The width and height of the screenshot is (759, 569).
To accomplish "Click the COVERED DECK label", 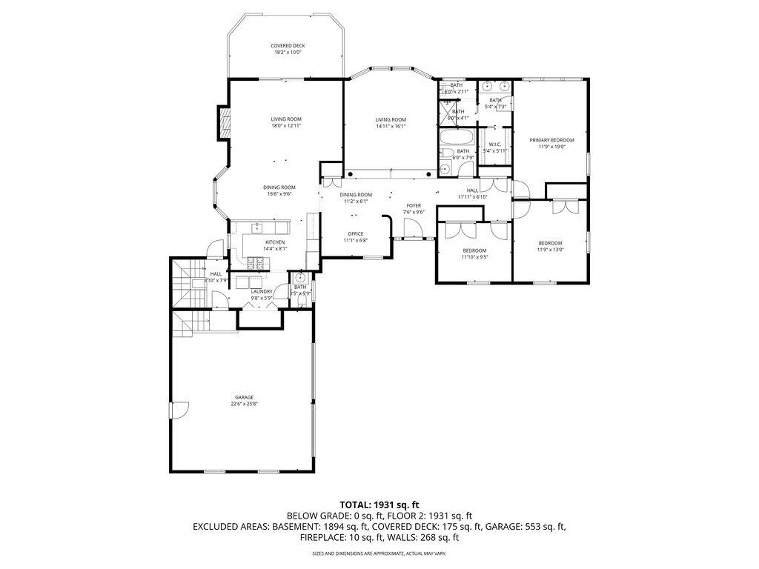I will pyautogui.click(x=287, y=46).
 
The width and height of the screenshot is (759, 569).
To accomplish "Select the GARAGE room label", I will pyautogui.click(x=244, y=397).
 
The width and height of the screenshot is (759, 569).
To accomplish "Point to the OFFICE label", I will pyautogui.click(x=355, y=233).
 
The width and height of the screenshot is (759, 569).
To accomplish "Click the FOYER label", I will pyautogui.click(x=414, y=205).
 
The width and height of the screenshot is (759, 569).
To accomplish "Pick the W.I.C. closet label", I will pyautogui.click(x=494, y=144).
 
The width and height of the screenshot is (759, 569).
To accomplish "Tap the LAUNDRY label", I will pyautogui.click(x=262, y=291).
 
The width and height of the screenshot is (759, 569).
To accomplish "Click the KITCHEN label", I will pyautogui.click(x=275, y=242).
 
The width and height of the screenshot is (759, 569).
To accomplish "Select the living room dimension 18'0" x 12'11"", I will pyautogui.click(x=286, y=126).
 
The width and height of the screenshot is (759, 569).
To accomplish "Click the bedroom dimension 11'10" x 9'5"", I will pyautogui.click(x=474, y=257).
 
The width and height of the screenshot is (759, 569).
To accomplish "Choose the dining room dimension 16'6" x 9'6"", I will pyautogui.click(x=279, y=194).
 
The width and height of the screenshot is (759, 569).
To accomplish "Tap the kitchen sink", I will pyautogui.click(x=258, y=227).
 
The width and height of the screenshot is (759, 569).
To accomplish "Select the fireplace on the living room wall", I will pyautogui.click(x=221, y=123).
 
